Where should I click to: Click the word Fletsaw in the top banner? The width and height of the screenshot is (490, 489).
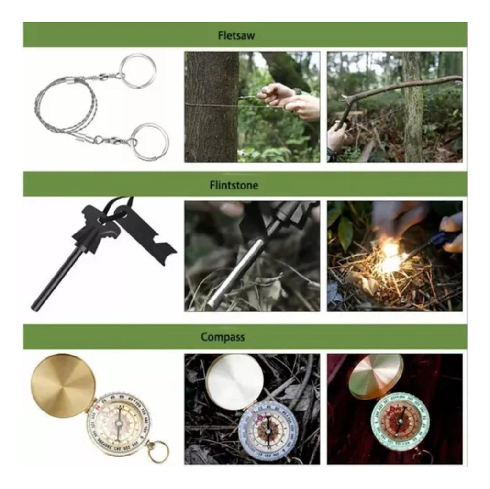(236, 35)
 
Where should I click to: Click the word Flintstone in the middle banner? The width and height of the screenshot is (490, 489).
(234, 185)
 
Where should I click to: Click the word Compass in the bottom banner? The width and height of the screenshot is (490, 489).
(223, 337)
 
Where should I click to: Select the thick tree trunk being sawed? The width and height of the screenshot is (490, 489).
(211, 107)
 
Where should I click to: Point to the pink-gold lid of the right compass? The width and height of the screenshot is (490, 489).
(375, 377)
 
